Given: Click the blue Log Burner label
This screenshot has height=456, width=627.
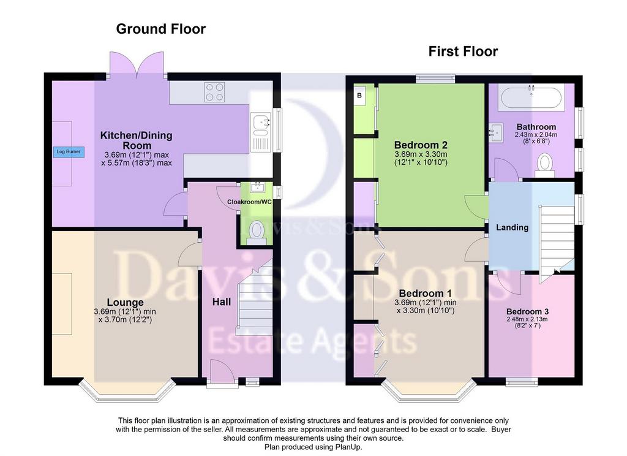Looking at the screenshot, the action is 69,152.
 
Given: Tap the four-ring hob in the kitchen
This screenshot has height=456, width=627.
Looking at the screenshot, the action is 214,92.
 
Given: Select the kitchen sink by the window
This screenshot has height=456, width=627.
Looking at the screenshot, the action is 261,132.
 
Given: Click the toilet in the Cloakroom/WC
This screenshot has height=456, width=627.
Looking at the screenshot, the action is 256,233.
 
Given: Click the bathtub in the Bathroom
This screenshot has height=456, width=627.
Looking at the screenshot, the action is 531,97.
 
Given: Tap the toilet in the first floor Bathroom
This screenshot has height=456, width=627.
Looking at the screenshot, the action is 544,165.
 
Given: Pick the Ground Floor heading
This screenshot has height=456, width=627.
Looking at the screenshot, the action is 161,29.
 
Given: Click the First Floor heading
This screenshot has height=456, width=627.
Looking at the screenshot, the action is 463,51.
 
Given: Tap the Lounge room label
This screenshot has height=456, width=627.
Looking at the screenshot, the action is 125,302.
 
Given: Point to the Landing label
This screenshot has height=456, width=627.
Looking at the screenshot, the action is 512,227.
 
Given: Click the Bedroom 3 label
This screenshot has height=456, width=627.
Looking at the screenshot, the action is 527,311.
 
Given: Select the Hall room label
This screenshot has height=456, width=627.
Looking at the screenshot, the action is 222,302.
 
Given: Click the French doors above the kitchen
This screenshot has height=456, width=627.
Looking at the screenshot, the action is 137,64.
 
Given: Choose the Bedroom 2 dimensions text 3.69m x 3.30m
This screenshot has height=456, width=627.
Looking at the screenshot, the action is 421,154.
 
